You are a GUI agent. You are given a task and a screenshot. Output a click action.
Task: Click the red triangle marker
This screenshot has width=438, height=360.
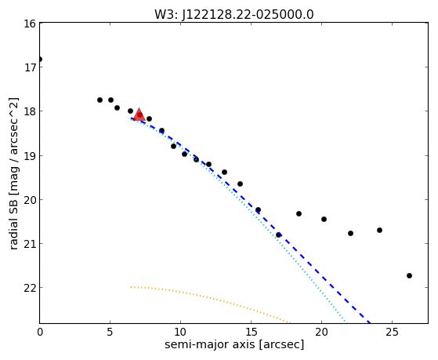click(139, 115)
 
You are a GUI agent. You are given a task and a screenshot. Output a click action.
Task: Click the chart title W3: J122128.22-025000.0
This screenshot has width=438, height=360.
click(234, 14)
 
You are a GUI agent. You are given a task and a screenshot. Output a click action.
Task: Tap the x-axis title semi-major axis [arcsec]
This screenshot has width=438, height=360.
click(234, 344)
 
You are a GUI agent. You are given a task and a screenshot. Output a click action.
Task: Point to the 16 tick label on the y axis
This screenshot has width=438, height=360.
click(30, 24)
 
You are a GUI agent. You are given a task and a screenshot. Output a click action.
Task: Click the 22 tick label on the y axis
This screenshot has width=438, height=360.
click(30, 288)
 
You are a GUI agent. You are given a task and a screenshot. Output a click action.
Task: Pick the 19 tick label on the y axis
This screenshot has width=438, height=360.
click(30, 156)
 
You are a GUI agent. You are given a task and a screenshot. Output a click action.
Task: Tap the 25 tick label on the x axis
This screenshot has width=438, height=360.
click(393, 332)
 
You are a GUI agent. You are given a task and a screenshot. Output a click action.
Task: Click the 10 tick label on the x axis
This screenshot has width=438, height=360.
click(180, 332)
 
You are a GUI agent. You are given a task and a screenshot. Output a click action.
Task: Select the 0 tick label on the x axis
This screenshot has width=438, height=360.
click(40, 332)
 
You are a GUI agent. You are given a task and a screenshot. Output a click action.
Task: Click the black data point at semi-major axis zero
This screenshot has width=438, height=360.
click(40, 59)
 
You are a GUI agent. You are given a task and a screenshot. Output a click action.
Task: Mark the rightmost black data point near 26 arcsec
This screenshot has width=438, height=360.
click(409, 275)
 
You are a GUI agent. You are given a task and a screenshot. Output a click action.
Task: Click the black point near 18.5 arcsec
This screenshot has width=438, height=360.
click(299, 213)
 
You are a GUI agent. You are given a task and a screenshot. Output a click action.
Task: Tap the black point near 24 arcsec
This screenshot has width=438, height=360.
click(379, 231)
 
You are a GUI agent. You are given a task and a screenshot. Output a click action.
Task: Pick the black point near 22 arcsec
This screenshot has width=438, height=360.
click(350, 233)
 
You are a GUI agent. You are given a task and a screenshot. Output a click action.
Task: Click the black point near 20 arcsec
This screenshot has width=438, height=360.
click(324, 219)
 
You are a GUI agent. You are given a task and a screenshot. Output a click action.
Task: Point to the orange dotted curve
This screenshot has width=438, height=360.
click(208, 297)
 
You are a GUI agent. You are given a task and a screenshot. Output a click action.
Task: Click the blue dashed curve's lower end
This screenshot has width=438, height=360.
click(371, 323)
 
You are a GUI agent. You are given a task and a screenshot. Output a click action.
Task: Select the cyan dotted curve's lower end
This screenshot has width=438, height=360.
click(346, 323)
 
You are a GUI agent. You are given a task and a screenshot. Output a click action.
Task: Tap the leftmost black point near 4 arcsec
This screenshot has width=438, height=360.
click(100, 100)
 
